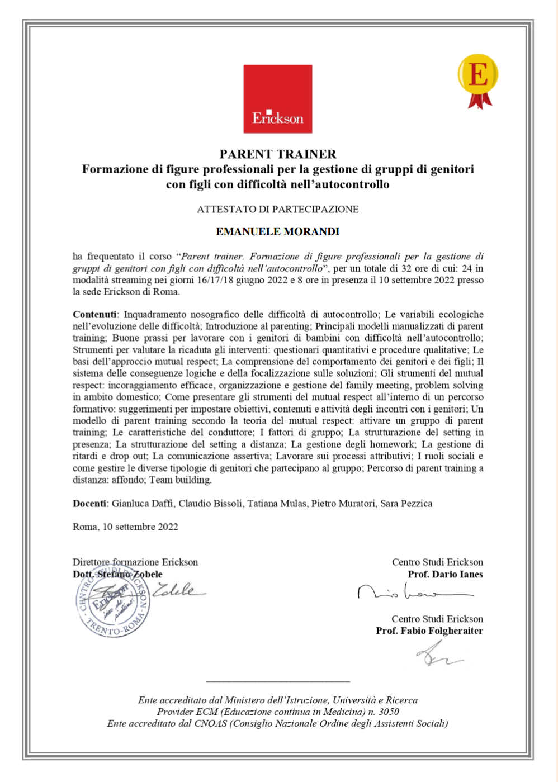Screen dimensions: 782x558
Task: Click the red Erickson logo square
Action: [277, 99]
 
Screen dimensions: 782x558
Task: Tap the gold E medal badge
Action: [478, 77]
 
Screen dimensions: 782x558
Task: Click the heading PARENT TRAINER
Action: [278, 154]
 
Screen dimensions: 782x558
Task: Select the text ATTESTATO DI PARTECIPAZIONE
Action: [278, 210]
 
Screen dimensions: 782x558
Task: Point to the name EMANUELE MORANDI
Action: [278, 231]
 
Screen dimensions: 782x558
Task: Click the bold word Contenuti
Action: [94, 315]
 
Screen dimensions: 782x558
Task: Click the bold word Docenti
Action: [89, 504]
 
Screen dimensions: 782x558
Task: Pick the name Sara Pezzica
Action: [406, 504]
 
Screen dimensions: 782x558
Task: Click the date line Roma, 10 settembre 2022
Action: [125, 527]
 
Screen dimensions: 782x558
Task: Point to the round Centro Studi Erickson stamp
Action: [112, 604]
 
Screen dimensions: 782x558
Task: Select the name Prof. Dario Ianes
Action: [445, 574]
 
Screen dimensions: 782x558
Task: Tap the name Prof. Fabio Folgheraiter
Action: [429, 631]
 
